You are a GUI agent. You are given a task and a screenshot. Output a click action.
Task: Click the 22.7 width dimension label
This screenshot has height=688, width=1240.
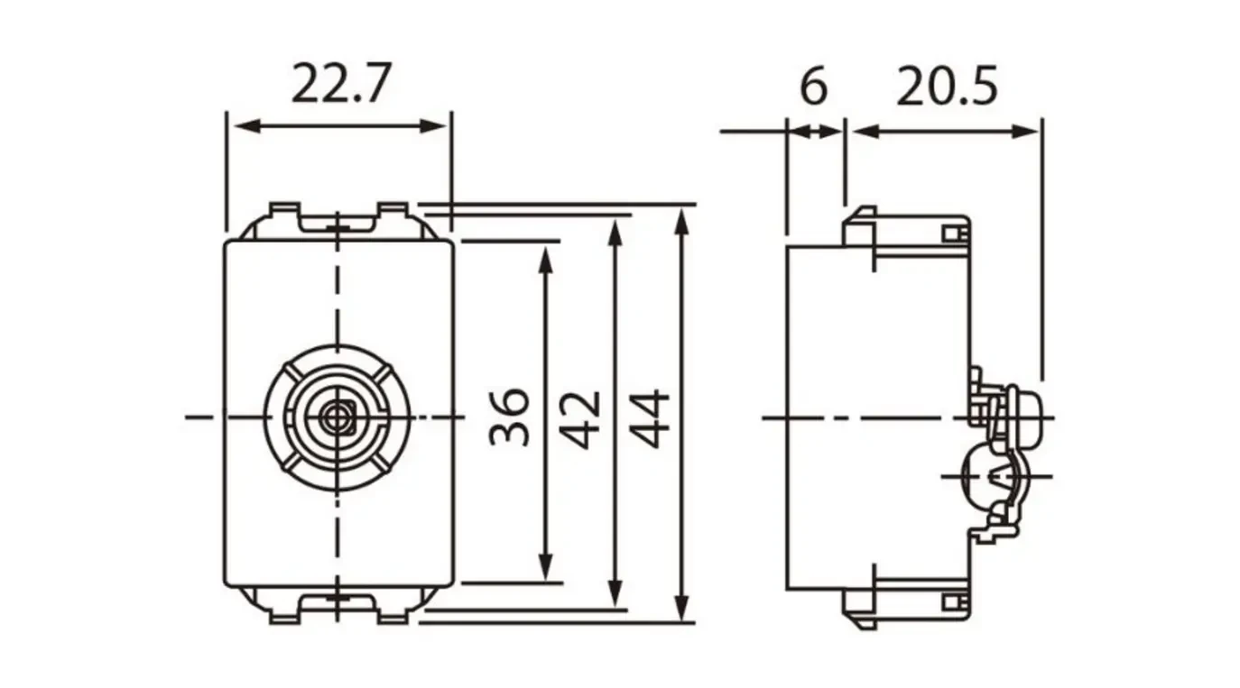click(340, 86)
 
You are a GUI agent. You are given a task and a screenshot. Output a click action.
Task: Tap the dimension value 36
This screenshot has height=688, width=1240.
click(511, 417)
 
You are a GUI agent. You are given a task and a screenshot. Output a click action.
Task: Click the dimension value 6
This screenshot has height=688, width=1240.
click(813, 87)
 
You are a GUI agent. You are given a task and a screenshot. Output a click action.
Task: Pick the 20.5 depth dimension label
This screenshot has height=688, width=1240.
click(947, 87)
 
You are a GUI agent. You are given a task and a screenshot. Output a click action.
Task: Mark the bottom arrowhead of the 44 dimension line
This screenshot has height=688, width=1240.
click(683, 609)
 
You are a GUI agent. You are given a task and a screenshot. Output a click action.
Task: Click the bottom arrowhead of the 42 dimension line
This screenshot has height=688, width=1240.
click(615, 595)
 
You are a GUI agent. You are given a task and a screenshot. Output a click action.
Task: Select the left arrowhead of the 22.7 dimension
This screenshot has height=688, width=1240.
click(240, 125)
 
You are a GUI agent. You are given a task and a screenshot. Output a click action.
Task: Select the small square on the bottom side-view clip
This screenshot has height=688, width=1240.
click(949, 601)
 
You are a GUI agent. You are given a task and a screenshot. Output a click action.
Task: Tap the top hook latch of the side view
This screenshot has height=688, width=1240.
click(859, 225)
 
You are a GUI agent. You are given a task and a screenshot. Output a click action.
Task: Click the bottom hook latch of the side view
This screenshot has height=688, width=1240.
click(859, 608)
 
